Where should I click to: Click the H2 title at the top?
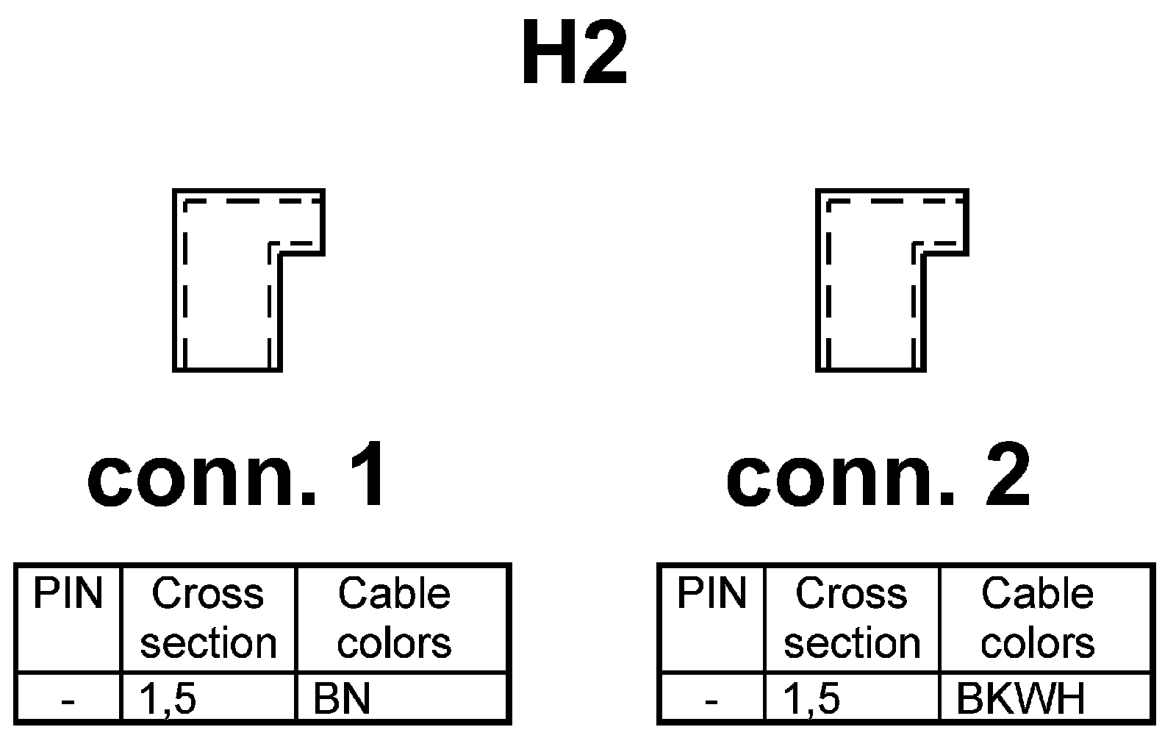click(574, 54)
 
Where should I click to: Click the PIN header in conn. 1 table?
click(68, 594)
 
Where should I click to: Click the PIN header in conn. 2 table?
click(711, 594)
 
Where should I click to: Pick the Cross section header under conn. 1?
click(208, 618)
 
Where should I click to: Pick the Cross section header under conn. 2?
click(852, 618)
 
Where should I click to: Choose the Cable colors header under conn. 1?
click(394, 618)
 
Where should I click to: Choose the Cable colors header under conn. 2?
click(1038, 618)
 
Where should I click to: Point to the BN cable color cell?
click(342, 699)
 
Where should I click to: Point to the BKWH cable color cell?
click(1020, 699)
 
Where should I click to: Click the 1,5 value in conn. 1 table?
click(168, 699)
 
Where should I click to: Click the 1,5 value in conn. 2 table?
click(811, 699)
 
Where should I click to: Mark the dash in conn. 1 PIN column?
click(68, 701)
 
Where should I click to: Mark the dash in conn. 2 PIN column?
click(711, 701)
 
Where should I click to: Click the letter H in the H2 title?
click(548, 54)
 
